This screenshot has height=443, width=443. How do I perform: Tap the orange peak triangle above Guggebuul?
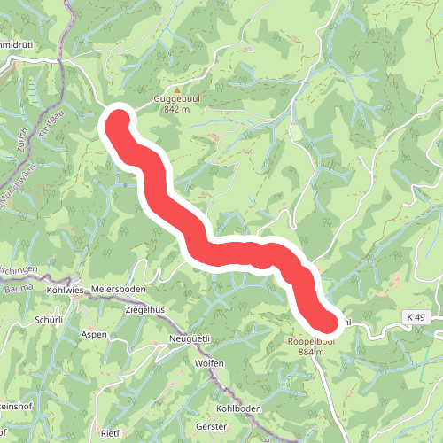175,89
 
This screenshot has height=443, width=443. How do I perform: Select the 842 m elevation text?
175,110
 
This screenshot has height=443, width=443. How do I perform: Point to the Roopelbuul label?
310,341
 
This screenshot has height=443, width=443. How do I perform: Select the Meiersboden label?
117,290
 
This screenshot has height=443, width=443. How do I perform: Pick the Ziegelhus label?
145,309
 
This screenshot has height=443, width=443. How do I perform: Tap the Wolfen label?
209,363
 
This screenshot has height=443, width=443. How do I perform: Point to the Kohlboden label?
238,408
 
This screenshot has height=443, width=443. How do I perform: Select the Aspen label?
94,334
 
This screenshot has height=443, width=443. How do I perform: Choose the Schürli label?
48,319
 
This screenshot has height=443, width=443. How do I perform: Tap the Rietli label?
110,433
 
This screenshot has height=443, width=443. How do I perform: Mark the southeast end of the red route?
329,324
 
